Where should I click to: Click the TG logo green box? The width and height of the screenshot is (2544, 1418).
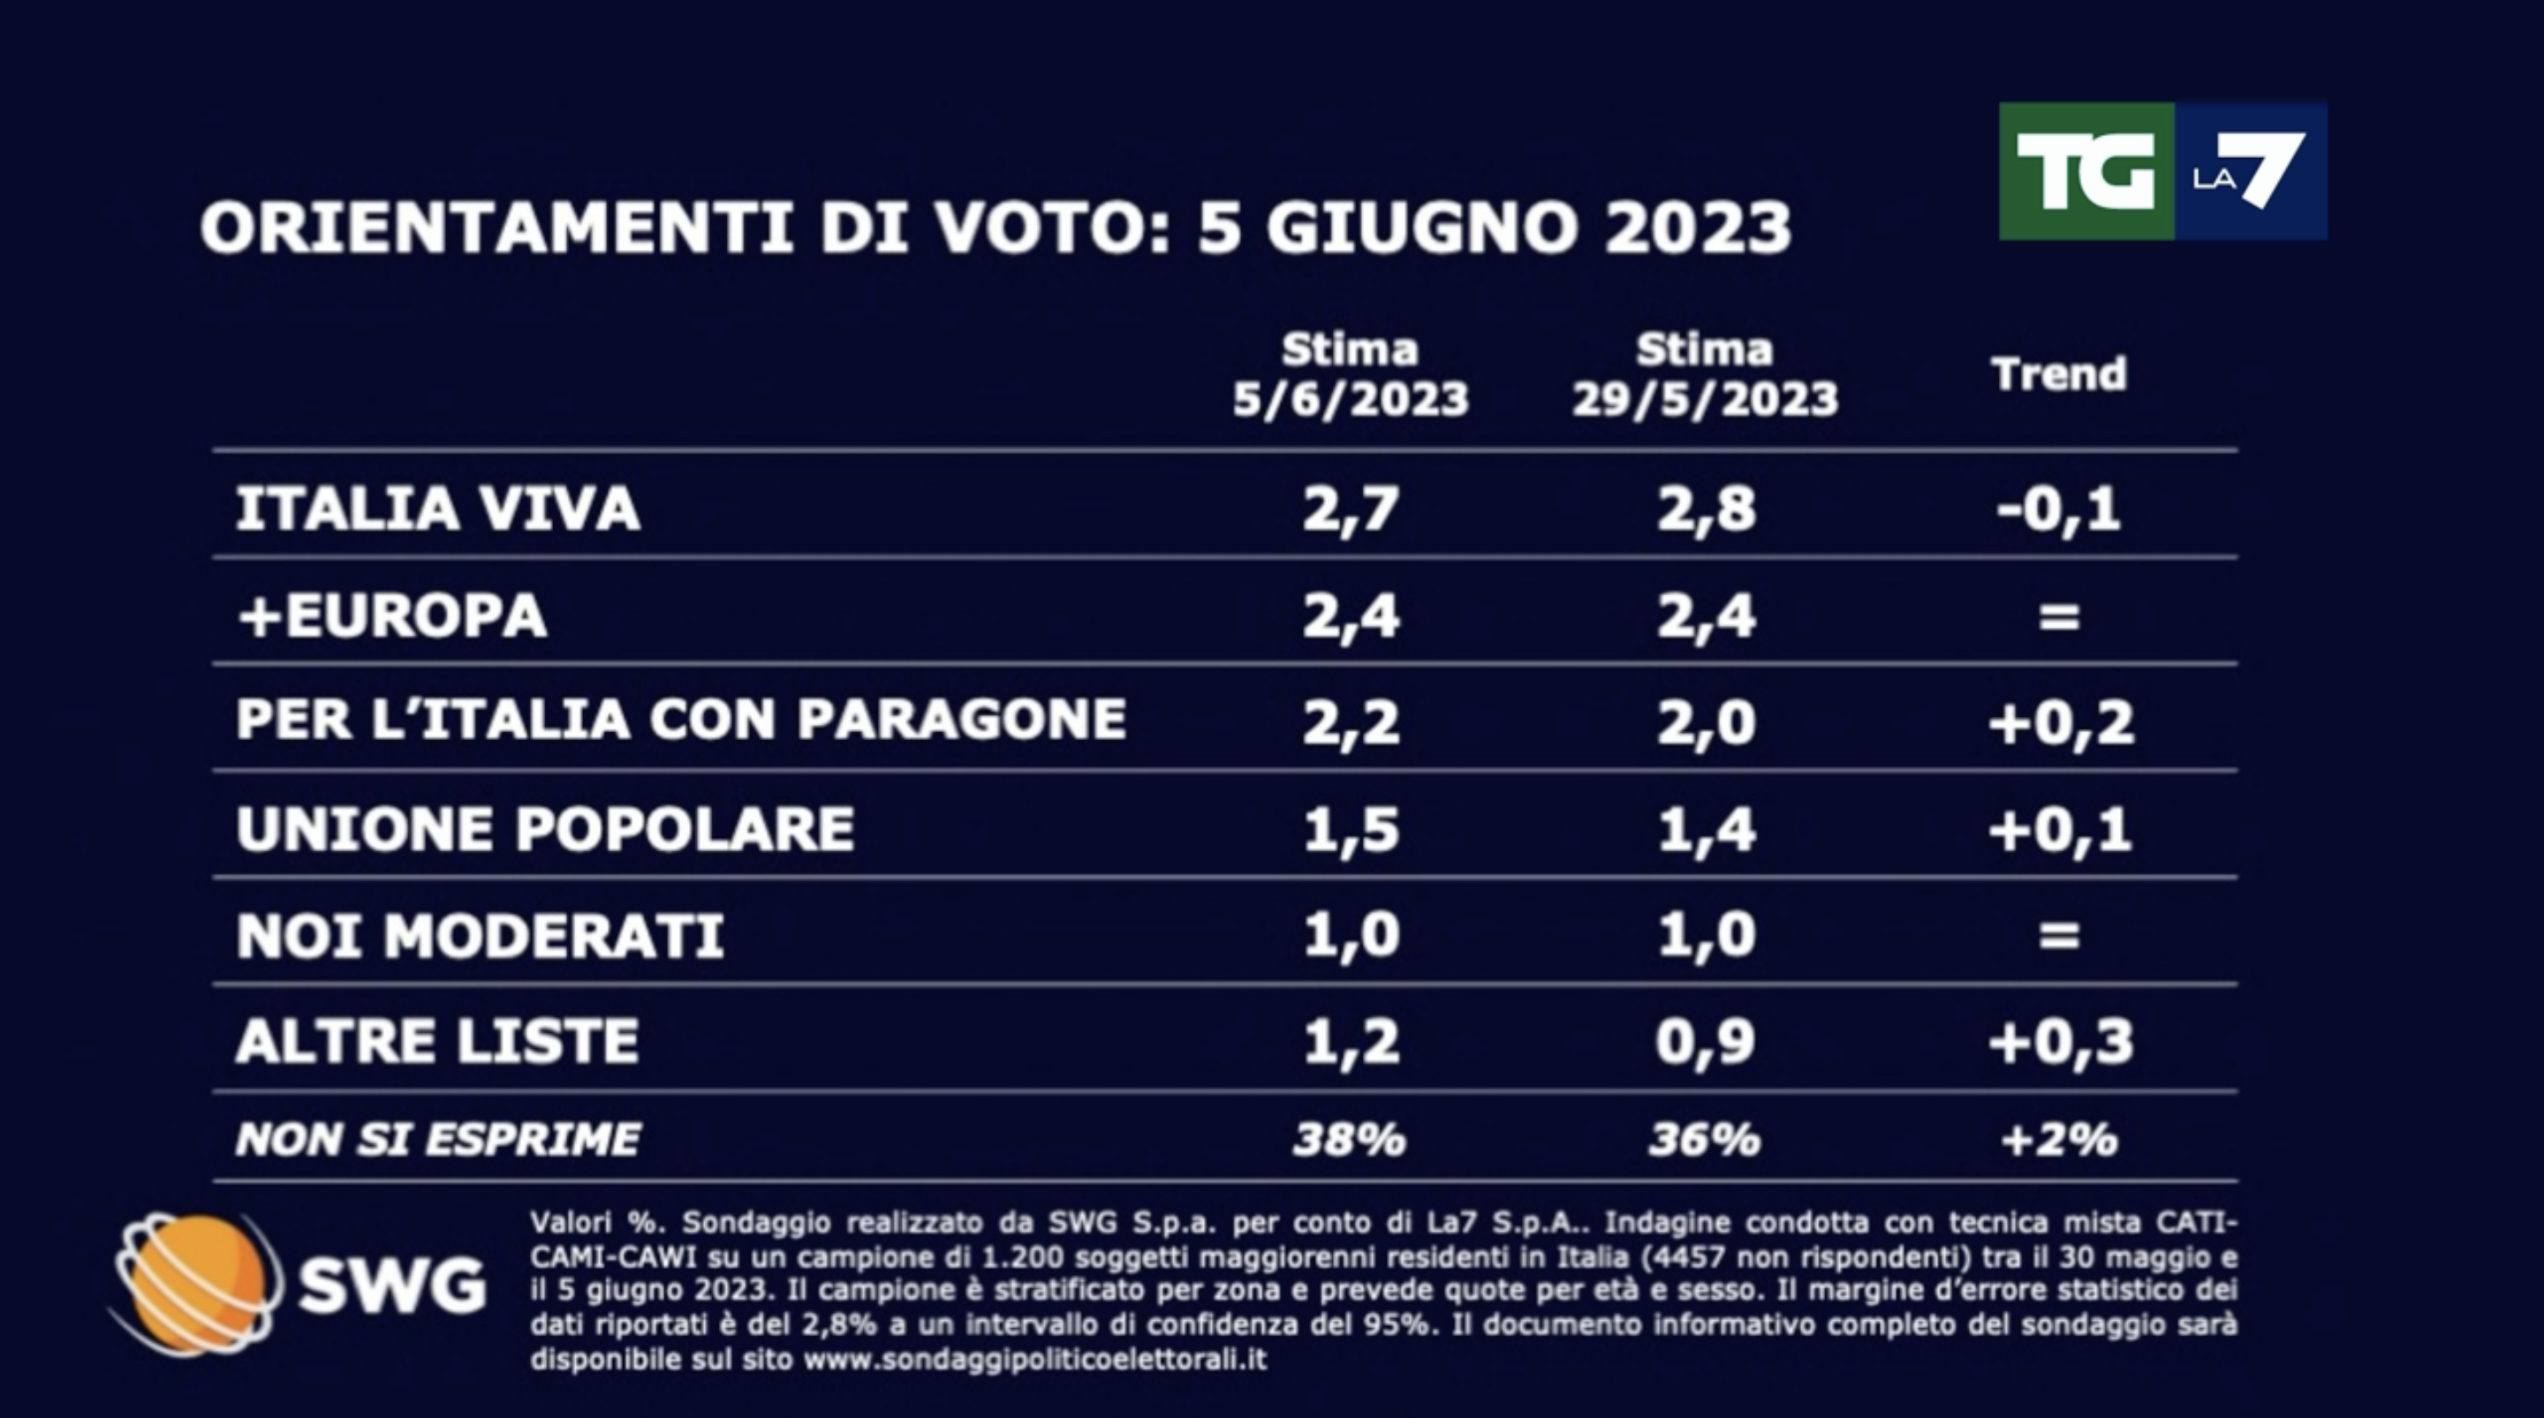click(2085, 172)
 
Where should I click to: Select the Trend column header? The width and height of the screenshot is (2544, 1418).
click(2058, 374)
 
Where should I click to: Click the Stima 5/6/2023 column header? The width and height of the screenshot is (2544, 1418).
click(1350, 375)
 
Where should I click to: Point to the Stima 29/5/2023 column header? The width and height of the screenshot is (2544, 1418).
click(1705, 375)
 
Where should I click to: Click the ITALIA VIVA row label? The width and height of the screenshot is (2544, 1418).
click(437, 509)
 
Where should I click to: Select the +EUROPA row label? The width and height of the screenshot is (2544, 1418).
click(392, 616)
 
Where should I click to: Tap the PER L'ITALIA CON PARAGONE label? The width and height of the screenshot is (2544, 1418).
click(680, 719)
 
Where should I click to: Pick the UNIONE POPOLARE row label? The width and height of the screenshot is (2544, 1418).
click(545, 828)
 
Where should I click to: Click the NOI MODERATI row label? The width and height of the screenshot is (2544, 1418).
click(480, 935)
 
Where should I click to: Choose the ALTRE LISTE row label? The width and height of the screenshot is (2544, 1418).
click(437, 1041)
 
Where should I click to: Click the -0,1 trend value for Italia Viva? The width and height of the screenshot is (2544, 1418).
click(2058, 509)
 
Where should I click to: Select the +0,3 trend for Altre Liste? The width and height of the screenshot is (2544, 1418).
click(2060, 1042)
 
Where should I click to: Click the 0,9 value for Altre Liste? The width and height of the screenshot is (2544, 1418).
click(1706, 1042)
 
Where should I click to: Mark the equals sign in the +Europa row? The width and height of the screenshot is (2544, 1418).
click(2059, 617)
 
